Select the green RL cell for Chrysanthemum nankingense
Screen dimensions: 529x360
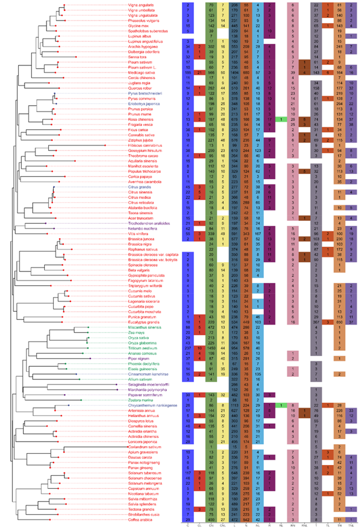tap(281, 404)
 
